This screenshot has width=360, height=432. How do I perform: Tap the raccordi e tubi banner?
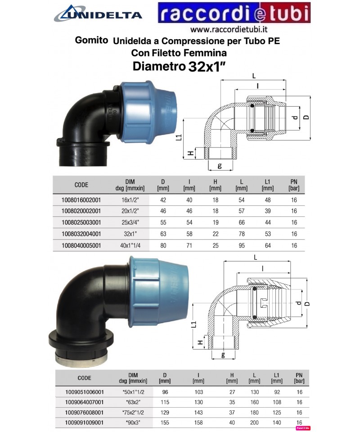pyautogui.click(x=234, y=13)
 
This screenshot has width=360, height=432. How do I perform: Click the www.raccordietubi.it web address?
pyautogui.click(x=229, y=29)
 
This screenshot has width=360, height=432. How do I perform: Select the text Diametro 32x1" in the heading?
pyautogui.click(x=179, y=67)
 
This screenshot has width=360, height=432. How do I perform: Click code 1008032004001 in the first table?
pyautogui.click(x=81, y=234)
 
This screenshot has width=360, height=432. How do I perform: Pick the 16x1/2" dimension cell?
pyautogui.click(x=130, y=200)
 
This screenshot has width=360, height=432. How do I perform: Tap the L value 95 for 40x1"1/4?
pyautogui.click(x=242, y=246)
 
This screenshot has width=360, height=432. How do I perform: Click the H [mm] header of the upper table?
pyautogui.click(x=215, y=185)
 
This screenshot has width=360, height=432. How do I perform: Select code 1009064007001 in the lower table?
pyautogui.click(x=84, y=402)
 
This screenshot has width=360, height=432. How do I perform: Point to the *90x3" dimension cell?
pyautogui.click(x=133, y=423)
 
